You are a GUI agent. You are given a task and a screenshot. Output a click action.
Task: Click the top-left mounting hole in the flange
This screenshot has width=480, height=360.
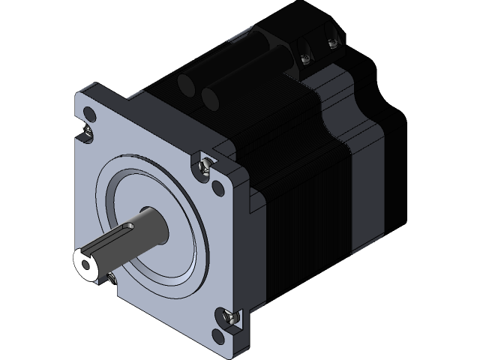[x=91, y=115]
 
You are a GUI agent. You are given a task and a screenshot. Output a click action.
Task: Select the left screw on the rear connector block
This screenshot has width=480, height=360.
[x=305, y=55]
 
